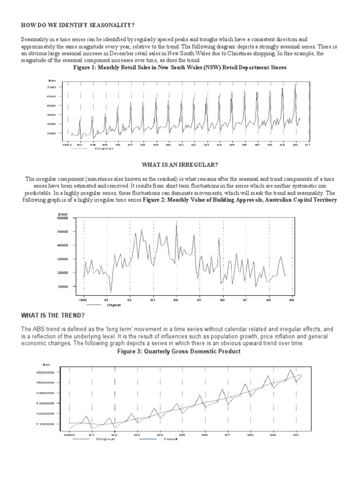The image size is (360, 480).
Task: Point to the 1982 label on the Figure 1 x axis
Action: click(x=67, y=145)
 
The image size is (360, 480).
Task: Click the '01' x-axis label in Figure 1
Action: click(x=307, y=145)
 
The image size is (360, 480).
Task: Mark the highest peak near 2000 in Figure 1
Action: click(x=295, y=85)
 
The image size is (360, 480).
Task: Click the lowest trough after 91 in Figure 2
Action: click(x=111, y=292)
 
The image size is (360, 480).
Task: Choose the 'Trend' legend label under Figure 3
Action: click(x=171, y=439)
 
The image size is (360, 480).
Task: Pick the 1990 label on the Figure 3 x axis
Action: click(x=68, y=435)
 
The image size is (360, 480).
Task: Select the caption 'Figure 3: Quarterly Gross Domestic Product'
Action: click(x=180, y=352)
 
